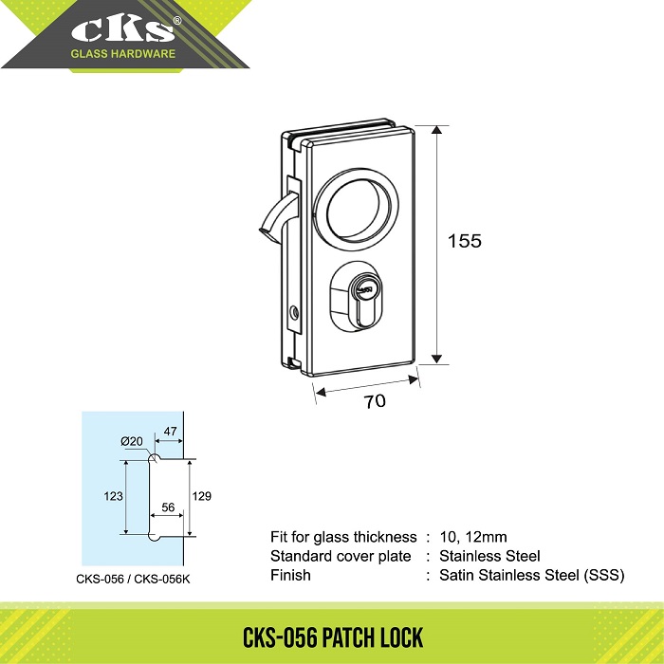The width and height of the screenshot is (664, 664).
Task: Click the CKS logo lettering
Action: (122, 30)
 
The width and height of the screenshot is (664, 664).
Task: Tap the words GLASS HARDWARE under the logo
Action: (122, 54)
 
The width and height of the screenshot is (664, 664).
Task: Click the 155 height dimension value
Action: (465, 241)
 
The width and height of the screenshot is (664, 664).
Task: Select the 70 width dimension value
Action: (375, 401)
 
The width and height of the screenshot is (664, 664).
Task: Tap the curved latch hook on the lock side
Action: (277, 214)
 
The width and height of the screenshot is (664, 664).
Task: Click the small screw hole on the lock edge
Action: (294, 313)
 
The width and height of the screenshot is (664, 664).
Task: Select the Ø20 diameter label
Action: (132, 441)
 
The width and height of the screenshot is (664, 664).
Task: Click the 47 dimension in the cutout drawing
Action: (170, 431)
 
